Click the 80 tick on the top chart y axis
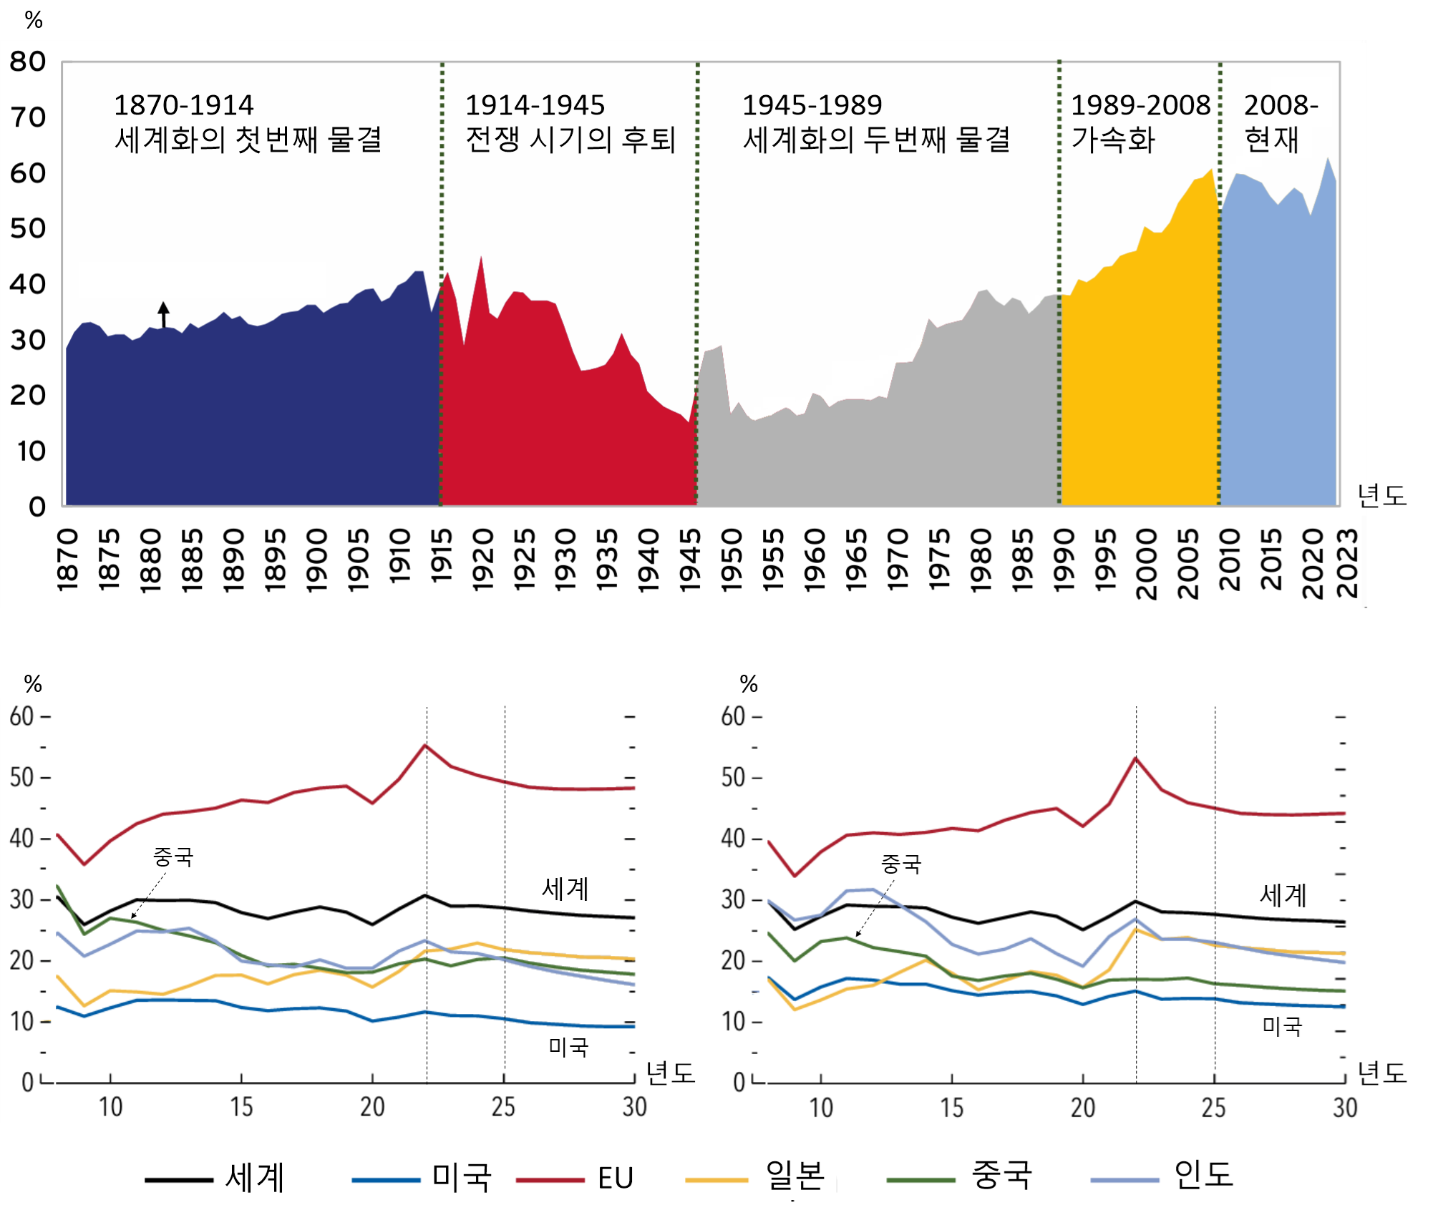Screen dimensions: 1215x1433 28,62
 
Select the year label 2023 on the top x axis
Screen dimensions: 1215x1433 1347,563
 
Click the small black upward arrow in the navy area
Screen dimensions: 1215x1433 164,313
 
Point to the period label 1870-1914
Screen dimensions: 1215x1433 184,105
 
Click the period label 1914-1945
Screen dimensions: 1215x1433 535,105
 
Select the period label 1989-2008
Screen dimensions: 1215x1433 1140,105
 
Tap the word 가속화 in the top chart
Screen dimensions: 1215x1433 1113,140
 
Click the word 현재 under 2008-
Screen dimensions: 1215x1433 1271,140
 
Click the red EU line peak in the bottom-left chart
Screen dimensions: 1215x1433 425,746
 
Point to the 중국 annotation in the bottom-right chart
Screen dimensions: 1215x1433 900,864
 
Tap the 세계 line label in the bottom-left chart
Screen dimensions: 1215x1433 565,889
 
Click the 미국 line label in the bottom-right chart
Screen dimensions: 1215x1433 1282,1027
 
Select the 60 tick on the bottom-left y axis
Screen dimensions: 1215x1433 22,716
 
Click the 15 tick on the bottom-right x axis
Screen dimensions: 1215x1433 952,1108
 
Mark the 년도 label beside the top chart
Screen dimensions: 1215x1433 1381,495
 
